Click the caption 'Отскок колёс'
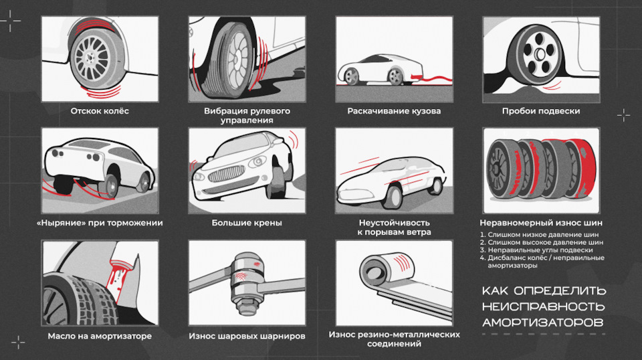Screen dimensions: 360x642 [x=100, y=111]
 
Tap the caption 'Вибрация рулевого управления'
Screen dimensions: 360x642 [x=247, y=115]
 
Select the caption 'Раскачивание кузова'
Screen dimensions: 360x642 [x=394, y=111]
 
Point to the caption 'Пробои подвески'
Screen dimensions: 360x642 [x=541, y=111]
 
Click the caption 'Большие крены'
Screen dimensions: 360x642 [x=247, y=223]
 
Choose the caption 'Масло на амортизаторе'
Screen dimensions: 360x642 [x=100, y=336]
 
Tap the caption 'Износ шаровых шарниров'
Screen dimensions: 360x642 [x=247, y=336]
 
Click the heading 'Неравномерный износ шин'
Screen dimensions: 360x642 [x=541, y=223]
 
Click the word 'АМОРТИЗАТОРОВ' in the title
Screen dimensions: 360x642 [x=542, y=323]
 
